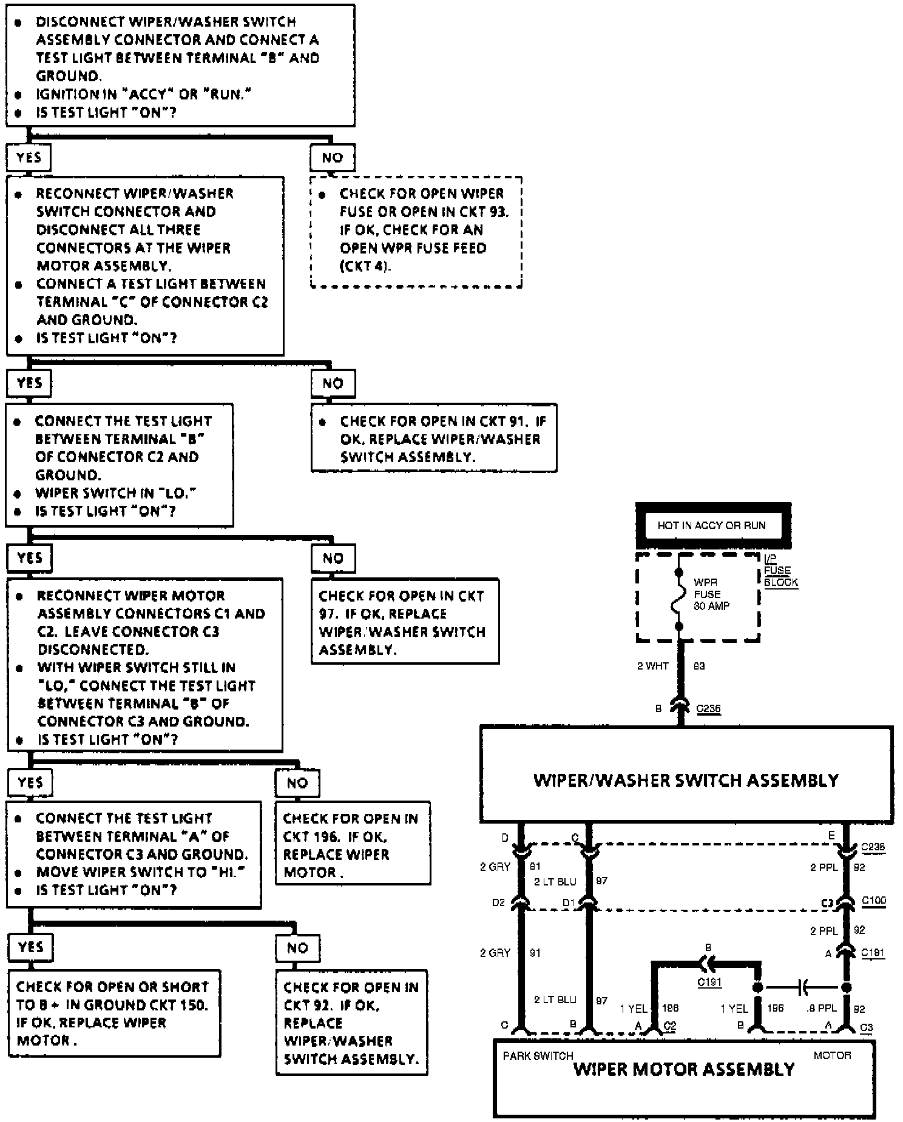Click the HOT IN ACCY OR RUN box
pos(712,525)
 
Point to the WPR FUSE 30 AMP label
pos(711,594)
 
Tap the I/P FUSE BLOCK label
pos(780,571)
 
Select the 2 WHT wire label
pos(652,666)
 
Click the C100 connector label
pos(874,901)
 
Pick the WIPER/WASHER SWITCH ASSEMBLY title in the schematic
pos(686,780)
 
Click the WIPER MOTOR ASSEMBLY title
pos(684,1069)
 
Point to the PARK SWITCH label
pos(538,1056)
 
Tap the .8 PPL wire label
pos(822,1009)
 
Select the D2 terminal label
pos(498,902)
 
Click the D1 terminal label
pos(568,902)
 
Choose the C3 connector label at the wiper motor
pos(867,1028)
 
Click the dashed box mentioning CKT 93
pos(416,232)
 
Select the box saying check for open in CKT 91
pos(433,438)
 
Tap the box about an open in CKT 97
pos(405,622)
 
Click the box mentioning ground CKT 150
pos(113,1013)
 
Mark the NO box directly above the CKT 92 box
pos(297,948)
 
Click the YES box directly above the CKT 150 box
pos(30,947)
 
